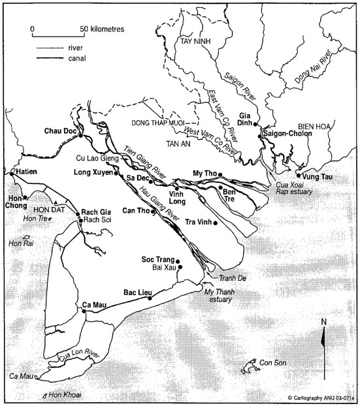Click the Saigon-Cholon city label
(x=287, y=133)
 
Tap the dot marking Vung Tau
(x=299, y=175)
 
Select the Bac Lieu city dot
(x=150, y=298)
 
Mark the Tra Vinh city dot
(x=215, y=223)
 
